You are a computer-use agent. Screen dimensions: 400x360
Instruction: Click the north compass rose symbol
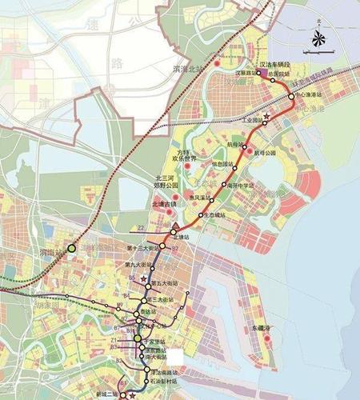tap(318, 37)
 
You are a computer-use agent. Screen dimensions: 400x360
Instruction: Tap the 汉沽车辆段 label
tap(281, 63)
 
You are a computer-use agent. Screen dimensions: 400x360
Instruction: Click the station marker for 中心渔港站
tap(291, 98)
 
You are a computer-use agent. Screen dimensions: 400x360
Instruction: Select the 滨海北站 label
tap(194, 69)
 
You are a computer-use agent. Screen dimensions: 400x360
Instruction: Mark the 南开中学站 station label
tap(240, 185)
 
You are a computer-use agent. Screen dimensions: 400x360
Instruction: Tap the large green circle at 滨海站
tap(72, 249)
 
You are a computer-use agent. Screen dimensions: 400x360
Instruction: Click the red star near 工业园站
tap(266, 117)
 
